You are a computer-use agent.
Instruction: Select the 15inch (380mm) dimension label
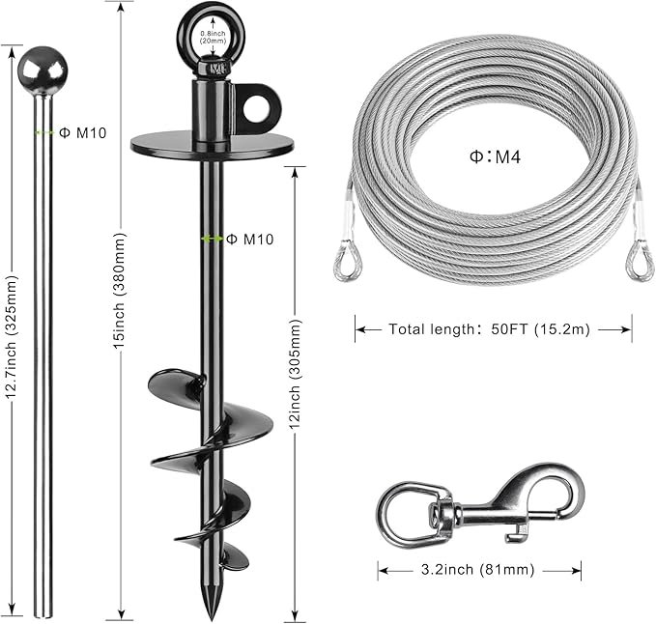pyautogui.click(x=119, y=291)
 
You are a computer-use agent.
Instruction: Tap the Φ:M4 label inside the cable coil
pyautogui.click(x=496, y=156)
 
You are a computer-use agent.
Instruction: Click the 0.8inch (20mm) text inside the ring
pyautogui.click(x=213, y=37)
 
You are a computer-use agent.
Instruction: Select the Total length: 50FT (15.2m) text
pyautogui.click(x=489, y=329)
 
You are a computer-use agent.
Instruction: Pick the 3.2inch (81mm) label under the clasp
pyautogui.click(x=478, y=569)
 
